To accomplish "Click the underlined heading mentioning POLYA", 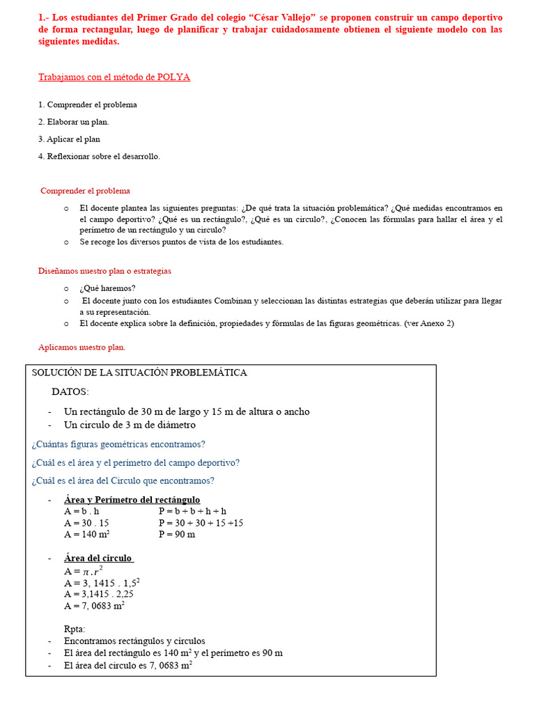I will pos(114,77).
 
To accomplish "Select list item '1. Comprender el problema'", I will pos(88,104).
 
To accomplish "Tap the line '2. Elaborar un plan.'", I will pos(74,122).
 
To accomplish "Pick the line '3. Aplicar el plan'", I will pos(70,139).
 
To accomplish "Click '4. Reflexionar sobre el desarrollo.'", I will pos(99,156).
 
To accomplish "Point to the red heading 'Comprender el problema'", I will pos(85,191).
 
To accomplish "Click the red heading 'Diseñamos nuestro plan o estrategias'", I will pos(104,271).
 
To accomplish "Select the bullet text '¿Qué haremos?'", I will pos(107,288).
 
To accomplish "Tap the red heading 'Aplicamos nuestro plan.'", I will pos(82,347).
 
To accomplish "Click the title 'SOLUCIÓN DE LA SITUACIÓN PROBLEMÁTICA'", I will pos(139,373).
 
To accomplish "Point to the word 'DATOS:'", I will pos(70,392).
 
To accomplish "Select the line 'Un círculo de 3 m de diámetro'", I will pos(130,425).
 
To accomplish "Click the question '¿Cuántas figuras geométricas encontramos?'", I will pos(118,444).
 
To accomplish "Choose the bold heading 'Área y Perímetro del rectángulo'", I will pos(132,500).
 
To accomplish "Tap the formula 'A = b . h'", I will pos(82,511).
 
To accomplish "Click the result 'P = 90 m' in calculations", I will pos(177,534).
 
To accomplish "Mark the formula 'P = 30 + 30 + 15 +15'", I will pos(201,522).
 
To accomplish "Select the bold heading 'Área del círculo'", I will pos(98,558).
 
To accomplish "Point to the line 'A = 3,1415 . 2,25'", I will pos(98,594).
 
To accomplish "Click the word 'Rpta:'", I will pos(75,629).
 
